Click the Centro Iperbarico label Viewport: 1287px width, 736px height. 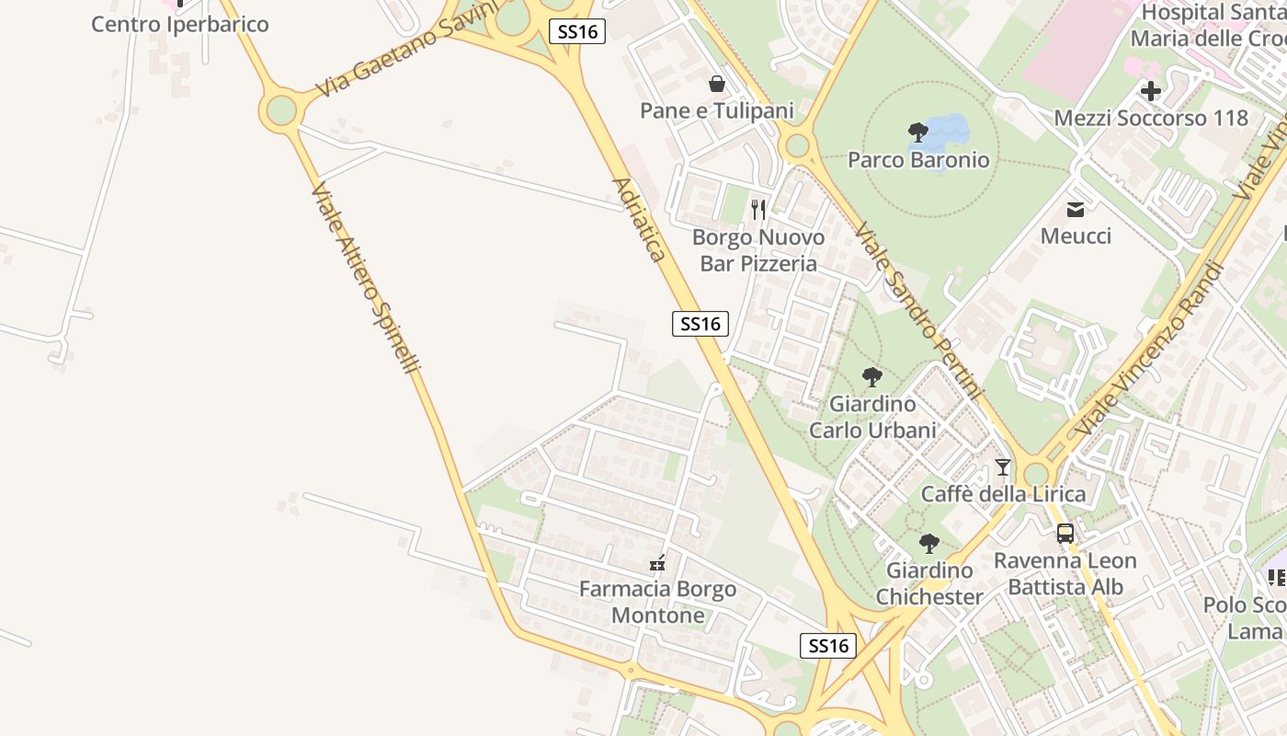tap(179, 24)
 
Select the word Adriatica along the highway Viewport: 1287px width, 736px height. tap(639, 219)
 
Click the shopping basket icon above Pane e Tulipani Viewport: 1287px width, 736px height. tap(717, 85)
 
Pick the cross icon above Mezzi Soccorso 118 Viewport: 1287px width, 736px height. tap(1151, 91)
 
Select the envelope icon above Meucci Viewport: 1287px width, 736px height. tap(1076, 210)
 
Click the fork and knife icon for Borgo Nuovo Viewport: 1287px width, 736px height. tap(758, 210)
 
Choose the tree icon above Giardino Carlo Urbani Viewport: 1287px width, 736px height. tap(872, 376)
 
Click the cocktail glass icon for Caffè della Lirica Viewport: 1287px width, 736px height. tap(1003, 467)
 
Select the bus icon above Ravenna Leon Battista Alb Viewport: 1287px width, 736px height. tap(1065, 534)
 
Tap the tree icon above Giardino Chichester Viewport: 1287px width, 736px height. tap(929, 544)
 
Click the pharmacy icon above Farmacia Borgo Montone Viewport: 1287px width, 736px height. tap(657, 563)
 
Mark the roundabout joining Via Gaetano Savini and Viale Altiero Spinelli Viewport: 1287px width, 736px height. tap(281, 110)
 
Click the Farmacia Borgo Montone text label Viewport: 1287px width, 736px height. tap(658, 603)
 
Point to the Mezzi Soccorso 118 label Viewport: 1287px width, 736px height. tap(1151, 118)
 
